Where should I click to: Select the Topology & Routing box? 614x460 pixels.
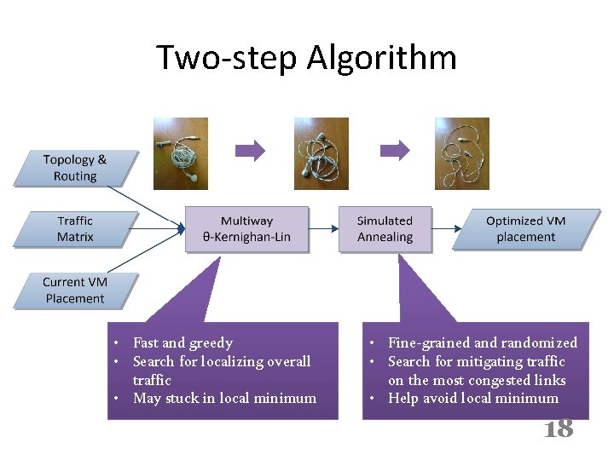coord(75,168)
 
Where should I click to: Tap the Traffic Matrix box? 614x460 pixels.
coord(75,228)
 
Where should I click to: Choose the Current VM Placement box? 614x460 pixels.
coord(75,290)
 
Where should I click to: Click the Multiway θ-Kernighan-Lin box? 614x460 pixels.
coord(247,228)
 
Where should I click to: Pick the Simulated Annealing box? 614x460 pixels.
coord(385,228)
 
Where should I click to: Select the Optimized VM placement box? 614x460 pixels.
coord(525,228)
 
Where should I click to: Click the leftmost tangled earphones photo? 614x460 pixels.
coord(181,153)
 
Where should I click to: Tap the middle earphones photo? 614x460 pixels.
coord(321,153)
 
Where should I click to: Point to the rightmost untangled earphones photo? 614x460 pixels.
coord(461,153)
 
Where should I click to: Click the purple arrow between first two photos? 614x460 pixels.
coord(250,151)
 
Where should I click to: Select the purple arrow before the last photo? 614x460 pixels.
coord(394,151)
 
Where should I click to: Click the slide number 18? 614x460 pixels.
coord(559,428)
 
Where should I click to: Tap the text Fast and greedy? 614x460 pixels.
coord(182,342)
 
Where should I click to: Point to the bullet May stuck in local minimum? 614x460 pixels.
coord(224,398)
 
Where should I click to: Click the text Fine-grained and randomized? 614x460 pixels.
coord(482,342)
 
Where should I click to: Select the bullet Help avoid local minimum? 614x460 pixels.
coord(472,398)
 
